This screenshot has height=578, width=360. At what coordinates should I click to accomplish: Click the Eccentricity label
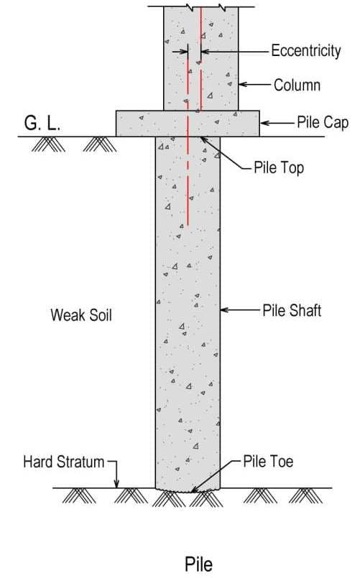click(305, 51)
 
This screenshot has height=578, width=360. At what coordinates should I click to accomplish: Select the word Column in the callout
click(297, 85)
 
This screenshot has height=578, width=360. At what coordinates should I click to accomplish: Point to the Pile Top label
click(279, 168)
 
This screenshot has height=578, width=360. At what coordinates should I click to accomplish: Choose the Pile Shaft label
click(291, 311)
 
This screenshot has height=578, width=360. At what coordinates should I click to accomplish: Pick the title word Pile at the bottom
click(199, 564)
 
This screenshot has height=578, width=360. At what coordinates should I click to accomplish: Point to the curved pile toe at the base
click(188, 490)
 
